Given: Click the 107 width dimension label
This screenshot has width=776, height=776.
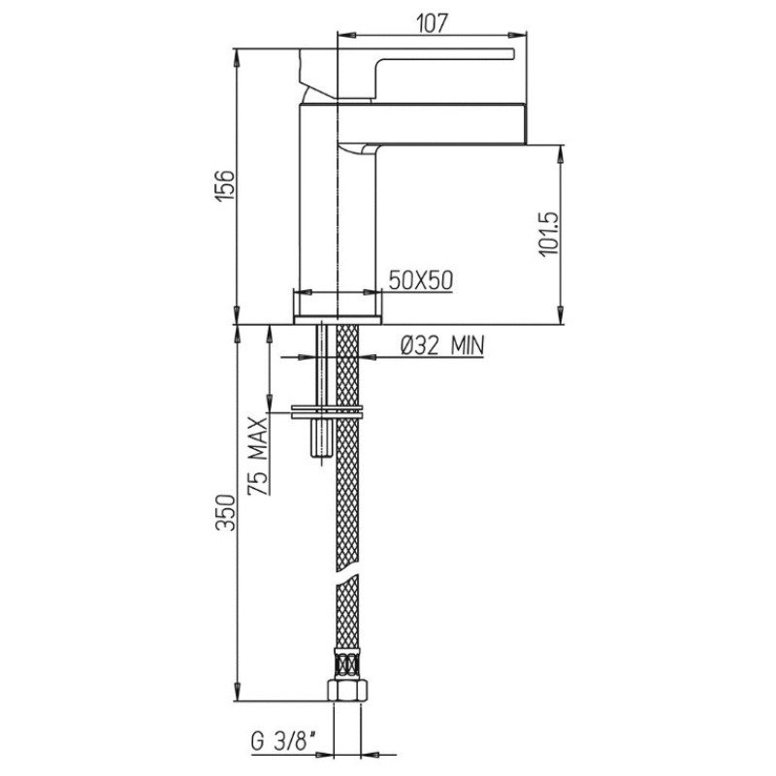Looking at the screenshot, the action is pyautogui.click(x=432, y=22).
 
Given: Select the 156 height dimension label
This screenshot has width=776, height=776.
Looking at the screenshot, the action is pyautogui.click(x=225, y=185).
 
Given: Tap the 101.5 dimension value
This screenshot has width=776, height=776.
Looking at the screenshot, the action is pyautogui.click(x=549, y=235).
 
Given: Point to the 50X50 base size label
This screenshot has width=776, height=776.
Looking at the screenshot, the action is pyautogui.click(x=421, y=280).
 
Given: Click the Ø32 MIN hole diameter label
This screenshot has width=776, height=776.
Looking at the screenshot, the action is pyautogui.click(x=442, y=345).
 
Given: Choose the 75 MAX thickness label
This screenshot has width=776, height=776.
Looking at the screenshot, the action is pyautogui.click(x=258, y=456).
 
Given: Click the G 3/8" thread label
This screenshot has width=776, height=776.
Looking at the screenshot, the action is pyautogui.click(x=284, y=742).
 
